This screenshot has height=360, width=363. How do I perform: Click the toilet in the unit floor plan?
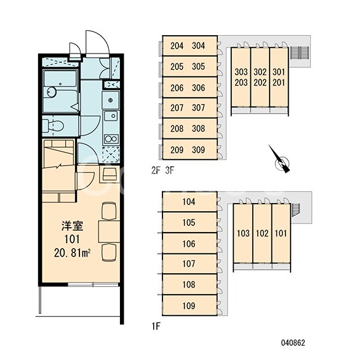click(x=54, y=126)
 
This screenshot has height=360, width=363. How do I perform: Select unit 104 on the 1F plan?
click(x=189, y=201)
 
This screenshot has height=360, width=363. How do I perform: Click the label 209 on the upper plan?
click(x=177, y=150)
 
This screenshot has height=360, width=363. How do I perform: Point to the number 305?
click(x=198, y=66)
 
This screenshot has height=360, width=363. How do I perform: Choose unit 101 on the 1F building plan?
click(x=281, y=233)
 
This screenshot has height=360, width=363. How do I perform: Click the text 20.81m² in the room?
click(x=72, y=253)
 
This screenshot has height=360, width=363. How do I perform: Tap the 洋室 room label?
click(x=72, y=226)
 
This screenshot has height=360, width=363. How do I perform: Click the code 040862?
click(x=293, y=343)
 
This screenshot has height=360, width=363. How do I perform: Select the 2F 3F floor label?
click(x=163, y=170)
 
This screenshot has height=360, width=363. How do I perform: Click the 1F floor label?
click(x=156, y=326)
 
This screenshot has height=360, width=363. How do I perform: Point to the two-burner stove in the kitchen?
click(x=111, y=139)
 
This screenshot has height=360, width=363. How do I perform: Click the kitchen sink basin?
click(x=111, y=116)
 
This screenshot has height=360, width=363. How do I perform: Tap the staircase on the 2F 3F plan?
click(x=300, y=54)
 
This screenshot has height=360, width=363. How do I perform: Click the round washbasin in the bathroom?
click(x=52, y=92)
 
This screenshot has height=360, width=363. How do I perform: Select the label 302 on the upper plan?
click(x=260, y=72)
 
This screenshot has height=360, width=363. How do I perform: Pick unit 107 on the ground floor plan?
click(x=189, y=264)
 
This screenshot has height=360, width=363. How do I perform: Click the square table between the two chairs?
click(x=109, y=232)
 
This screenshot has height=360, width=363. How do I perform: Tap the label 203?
click(x=241, y=82)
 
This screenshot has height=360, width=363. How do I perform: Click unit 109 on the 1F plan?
click(x=189, y=305)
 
